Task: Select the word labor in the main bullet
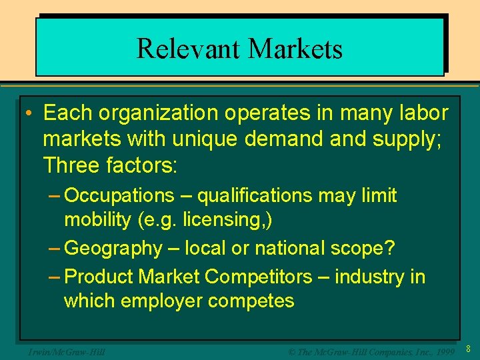(x=424, y=113)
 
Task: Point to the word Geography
(x=114, y=249)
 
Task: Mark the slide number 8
(x=469, y=349)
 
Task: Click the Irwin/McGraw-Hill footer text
(x=63, y=351)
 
